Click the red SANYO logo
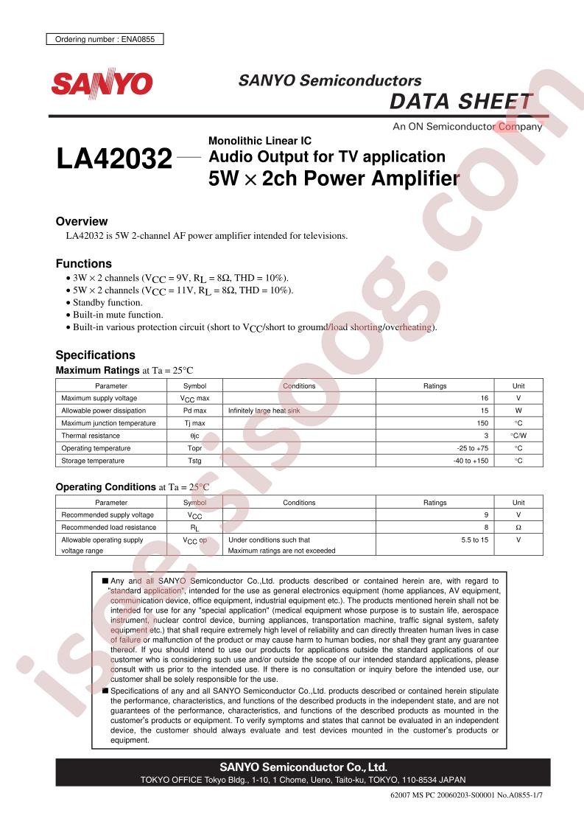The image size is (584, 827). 102,83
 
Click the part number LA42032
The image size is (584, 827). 113,158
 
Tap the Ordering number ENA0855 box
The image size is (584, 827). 105,40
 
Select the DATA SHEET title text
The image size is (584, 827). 460,102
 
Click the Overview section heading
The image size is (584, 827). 82,221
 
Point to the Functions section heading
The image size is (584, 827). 84,263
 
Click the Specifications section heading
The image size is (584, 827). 96,355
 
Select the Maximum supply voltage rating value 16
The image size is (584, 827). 483,398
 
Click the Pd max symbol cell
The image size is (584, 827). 194,411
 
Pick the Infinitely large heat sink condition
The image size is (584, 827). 264,411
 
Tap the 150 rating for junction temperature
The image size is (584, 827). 482,423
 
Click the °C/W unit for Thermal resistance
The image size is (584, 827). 518,436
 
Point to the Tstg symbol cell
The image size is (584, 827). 194,461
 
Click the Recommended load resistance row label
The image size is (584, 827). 109,527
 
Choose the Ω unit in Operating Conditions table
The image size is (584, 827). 518,527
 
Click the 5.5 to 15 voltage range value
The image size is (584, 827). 475,540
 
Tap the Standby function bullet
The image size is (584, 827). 108,302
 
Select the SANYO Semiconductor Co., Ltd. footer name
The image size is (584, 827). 303,767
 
